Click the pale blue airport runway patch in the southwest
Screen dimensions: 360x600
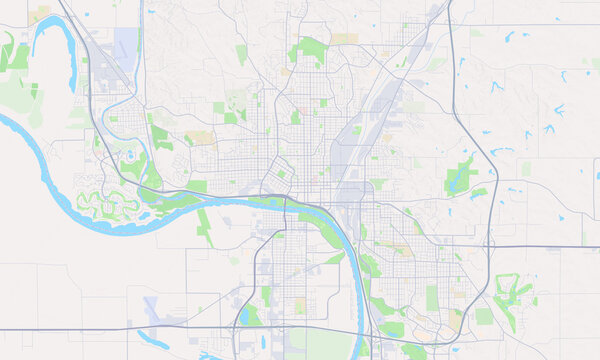(152, 308)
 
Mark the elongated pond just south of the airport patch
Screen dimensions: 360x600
(155, 338)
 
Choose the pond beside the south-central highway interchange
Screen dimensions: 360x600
(248, 316)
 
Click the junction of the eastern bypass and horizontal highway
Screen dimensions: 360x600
(491, 246)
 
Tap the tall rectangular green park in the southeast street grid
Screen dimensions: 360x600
(432, 297)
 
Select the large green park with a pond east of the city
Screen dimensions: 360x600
(462, 175)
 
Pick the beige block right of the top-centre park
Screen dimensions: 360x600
(345, 39)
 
